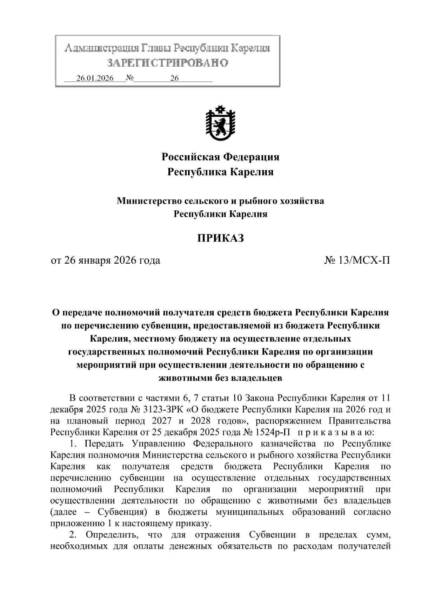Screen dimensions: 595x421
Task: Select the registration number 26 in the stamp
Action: [x=174, y=78]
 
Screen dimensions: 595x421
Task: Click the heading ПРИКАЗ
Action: [x=220, y=238]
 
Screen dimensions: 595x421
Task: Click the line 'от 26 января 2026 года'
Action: [x=106, y=261]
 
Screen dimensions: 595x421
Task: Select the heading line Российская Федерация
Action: [x=220, y=157]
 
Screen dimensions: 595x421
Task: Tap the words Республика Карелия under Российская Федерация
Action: [x=220, y=172]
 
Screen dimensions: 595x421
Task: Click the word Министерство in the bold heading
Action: [x=147, y=201]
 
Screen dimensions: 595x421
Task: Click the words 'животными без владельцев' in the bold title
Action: [x=220, y=378]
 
